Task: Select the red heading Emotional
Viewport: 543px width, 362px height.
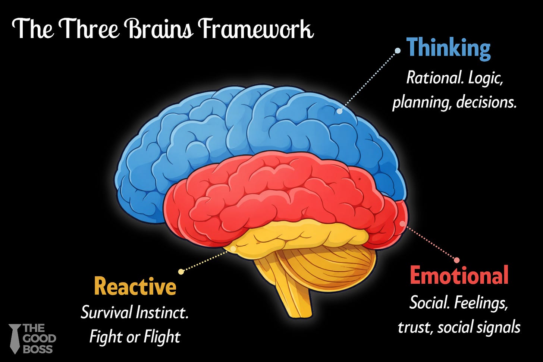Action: pos(459,276)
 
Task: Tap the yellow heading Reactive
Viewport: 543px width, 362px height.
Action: pos(135,286)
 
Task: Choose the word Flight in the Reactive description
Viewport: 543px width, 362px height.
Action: pos(162,337)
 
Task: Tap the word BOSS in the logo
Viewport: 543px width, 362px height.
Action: pos(38,349)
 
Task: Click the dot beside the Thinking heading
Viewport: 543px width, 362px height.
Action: pos(398,51)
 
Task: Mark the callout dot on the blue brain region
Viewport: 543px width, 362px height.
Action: pos(339,111)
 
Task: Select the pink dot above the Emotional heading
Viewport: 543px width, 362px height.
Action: pos(456,260)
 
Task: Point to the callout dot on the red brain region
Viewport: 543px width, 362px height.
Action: pos(402,224)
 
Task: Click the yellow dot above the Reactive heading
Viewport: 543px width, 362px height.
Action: pos(181,271)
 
